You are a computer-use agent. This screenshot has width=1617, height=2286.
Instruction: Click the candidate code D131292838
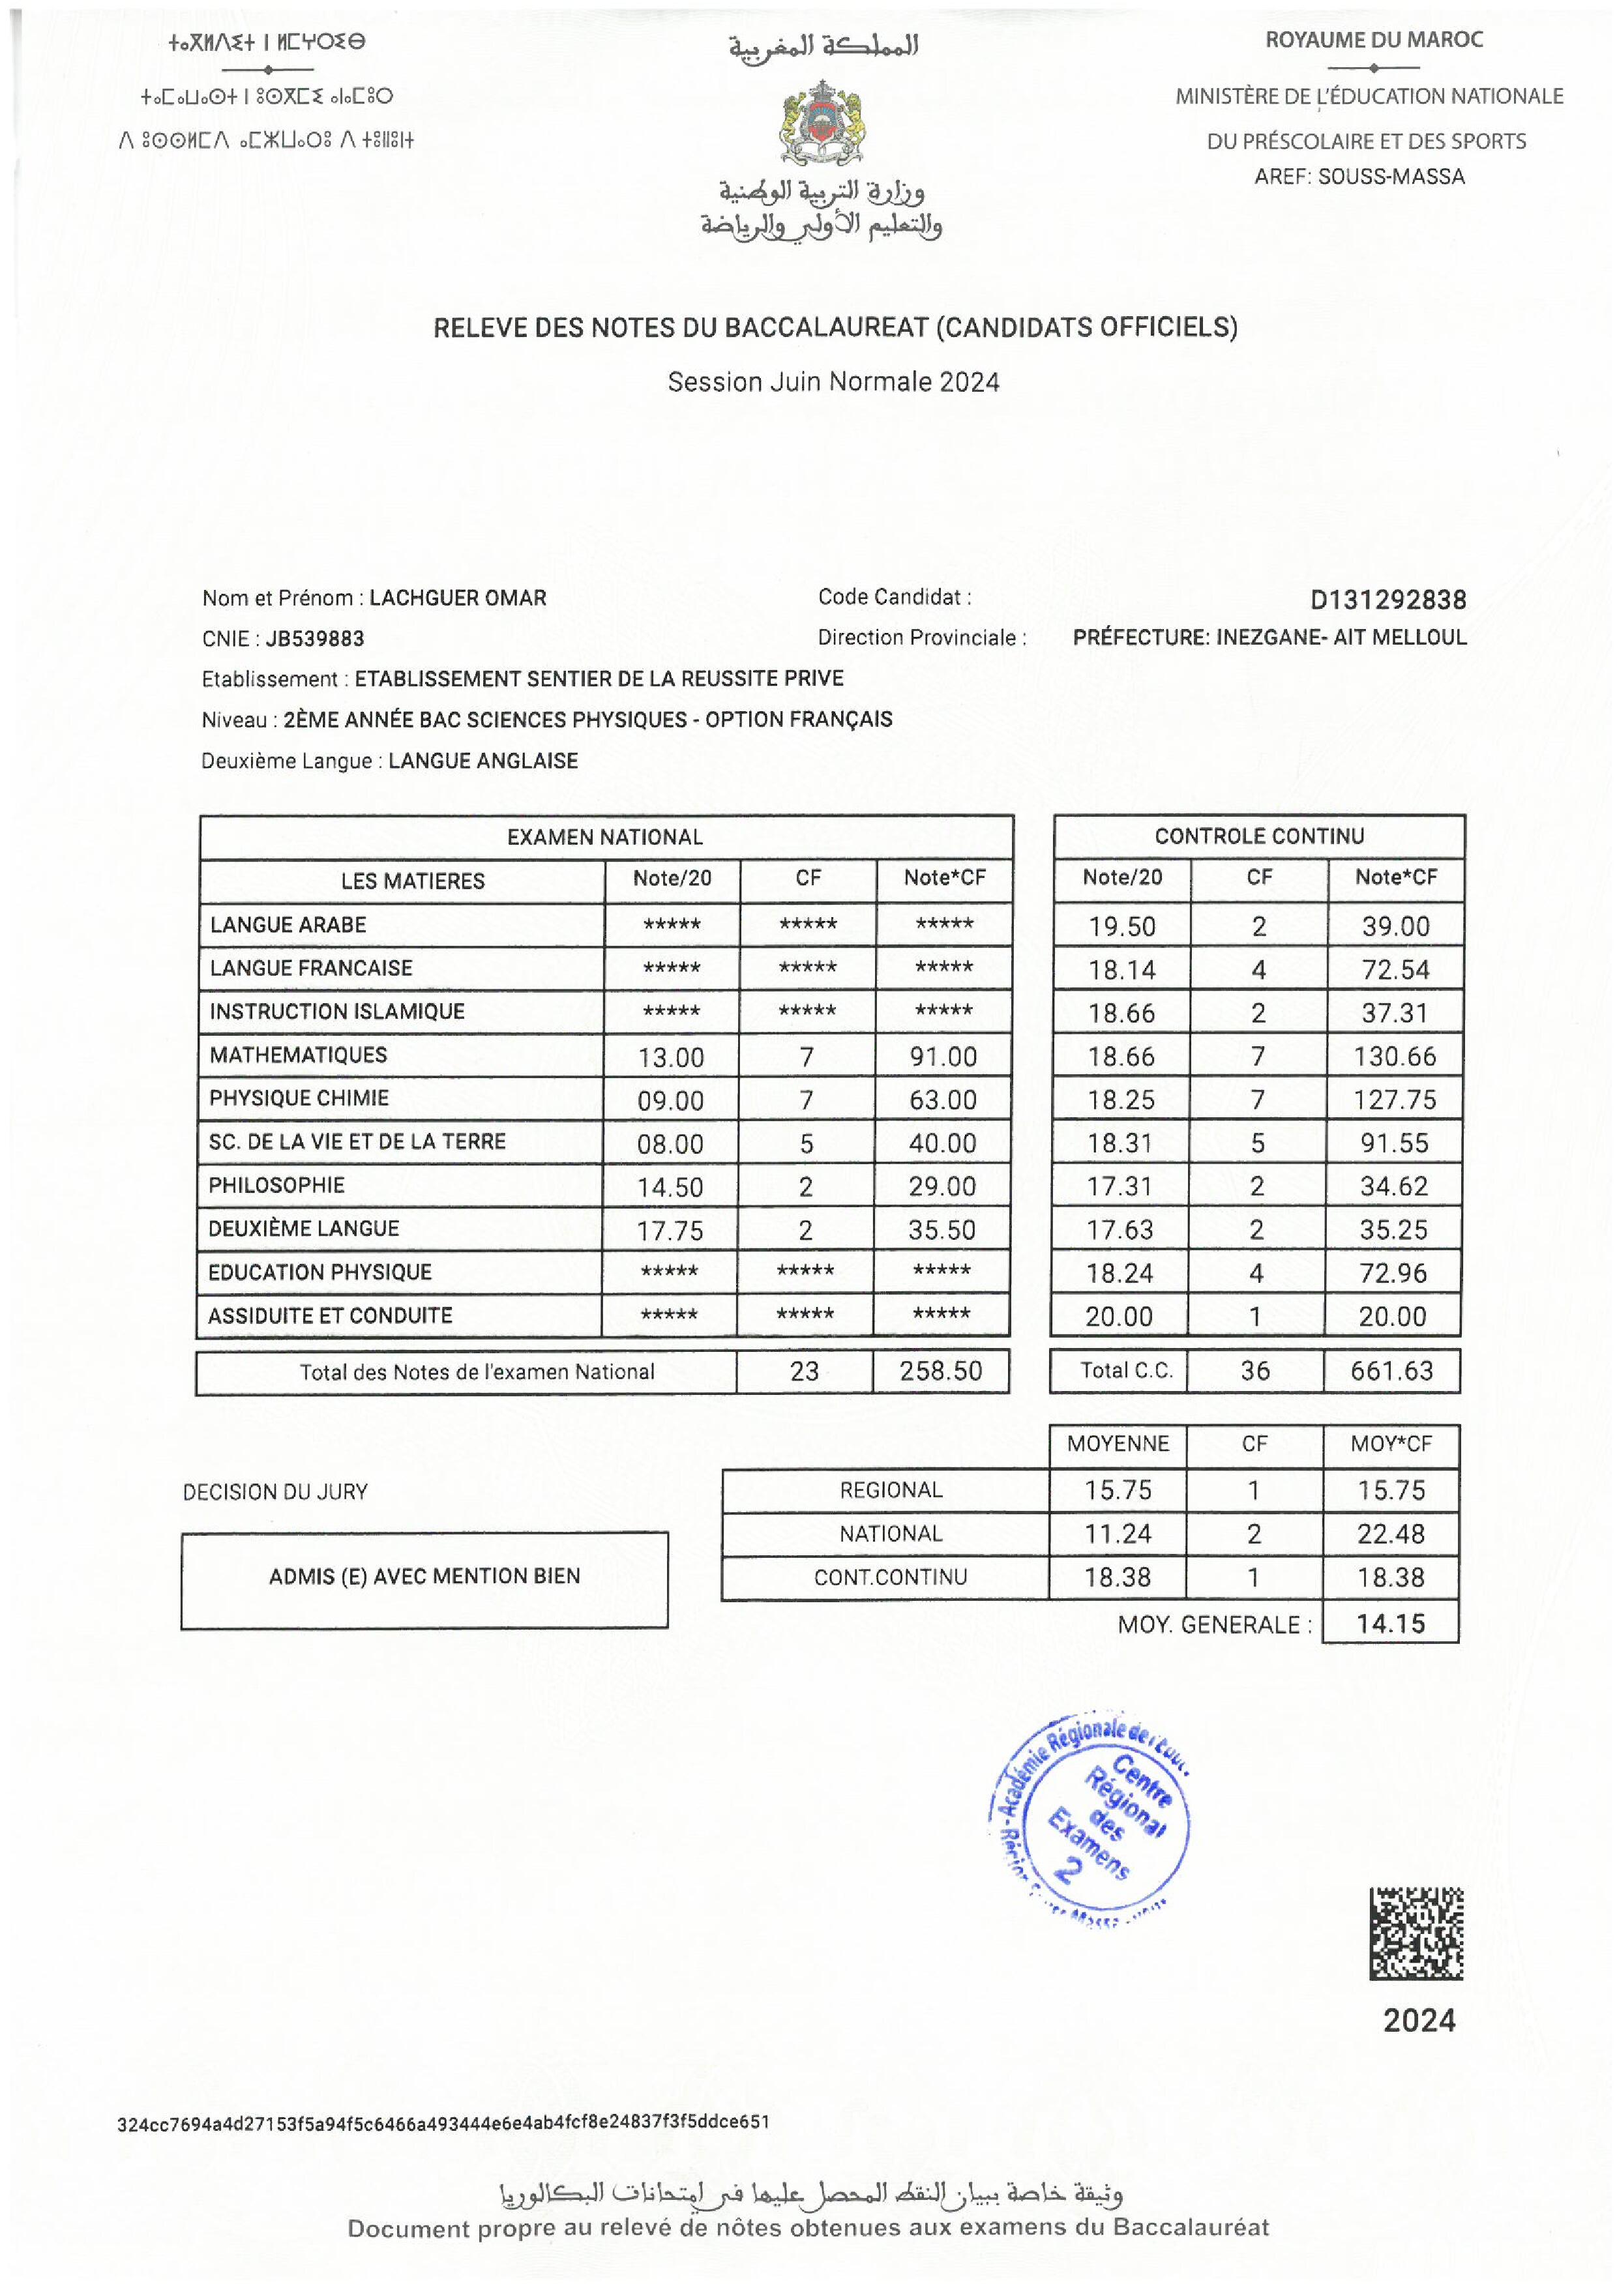[1388, 600]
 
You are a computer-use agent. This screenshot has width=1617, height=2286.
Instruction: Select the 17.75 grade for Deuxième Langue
[670, 1231]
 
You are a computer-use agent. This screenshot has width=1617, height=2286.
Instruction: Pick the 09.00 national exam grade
[670, 1100]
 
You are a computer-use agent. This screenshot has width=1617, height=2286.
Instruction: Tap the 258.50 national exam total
[941, 1371]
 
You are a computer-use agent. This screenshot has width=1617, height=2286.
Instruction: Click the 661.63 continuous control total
[1392, 1371]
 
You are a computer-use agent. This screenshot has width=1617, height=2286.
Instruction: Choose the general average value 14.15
[1391, 1624]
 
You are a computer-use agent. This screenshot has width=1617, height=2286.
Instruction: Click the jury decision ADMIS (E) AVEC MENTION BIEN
[424, 1576]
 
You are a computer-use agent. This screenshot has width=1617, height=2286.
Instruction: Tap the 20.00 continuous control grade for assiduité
[1119, 1316]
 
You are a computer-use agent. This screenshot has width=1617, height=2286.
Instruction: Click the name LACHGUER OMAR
[458, 598]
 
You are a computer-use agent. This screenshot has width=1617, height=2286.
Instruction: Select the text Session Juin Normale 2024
[833, 383]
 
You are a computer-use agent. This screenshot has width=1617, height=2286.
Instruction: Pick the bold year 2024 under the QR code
[1419, 2020]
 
